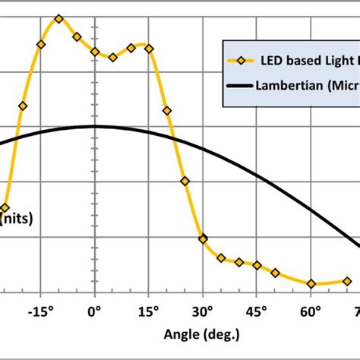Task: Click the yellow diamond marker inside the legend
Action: (x=242, y=59)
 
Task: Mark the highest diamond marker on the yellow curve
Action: (x=59, y=18)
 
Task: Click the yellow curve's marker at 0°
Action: (x=94, y=52)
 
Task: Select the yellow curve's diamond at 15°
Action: (x=149, y=47)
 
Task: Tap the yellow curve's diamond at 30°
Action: (x=203, y=238)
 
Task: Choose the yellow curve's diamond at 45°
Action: (x=257, y=265)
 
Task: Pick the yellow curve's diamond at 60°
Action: (x=311, y=284)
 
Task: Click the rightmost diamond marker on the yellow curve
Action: (x=347, y=281)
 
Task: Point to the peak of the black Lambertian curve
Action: (x=94, y=126)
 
